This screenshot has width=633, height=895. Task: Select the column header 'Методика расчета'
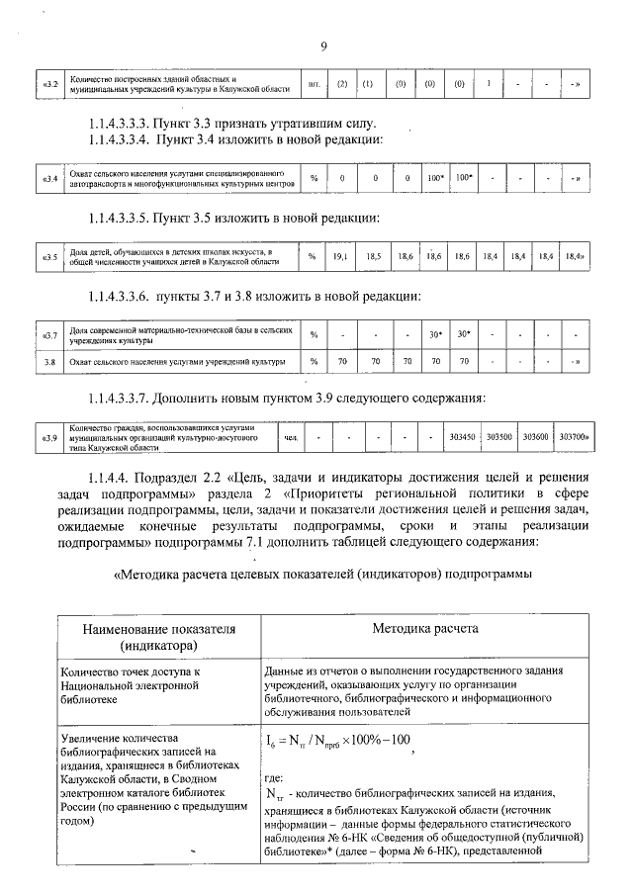[425, 629]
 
